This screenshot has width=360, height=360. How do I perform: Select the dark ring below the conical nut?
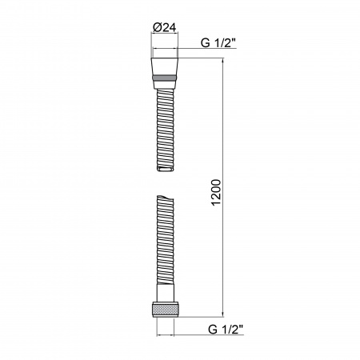pos(165,78)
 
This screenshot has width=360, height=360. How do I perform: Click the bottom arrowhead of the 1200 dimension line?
pos(223,316)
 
